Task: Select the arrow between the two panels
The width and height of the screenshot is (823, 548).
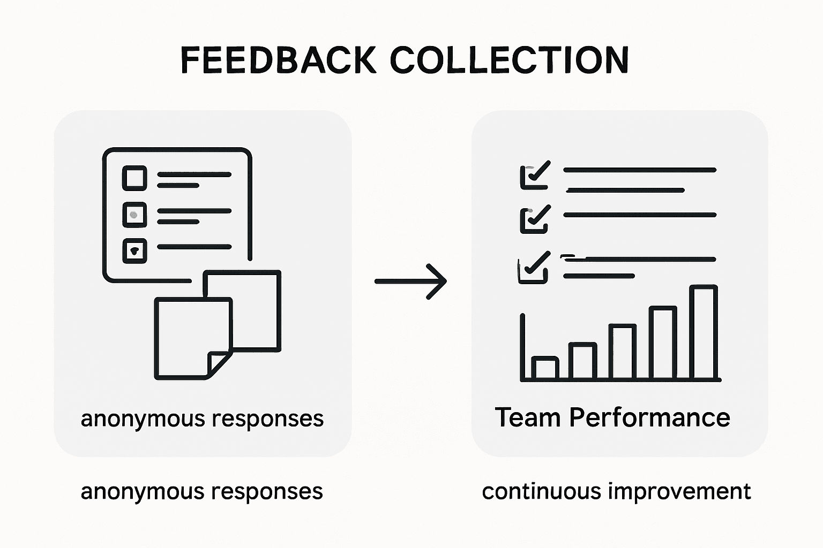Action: tap(410, 281)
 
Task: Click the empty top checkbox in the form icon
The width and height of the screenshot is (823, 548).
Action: tap(134, 178)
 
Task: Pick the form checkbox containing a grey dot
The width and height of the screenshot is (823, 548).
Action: tap(134, 215)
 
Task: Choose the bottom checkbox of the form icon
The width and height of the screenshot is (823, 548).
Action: tap(134, 250)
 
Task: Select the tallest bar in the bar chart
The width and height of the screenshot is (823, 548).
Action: tap(703, 332)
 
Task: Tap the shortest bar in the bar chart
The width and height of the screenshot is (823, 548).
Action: tap(545, 368)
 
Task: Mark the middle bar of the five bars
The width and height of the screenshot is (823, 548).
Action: tap(623, 352)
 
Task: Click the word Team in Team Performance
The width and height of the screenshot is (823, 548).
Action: tap(527, 417)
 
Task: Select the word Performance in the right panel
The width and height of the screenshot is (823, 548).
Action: tap(649, 417)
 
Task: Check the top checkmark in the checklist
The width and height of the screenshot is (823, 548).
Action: tap(535, 175)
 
